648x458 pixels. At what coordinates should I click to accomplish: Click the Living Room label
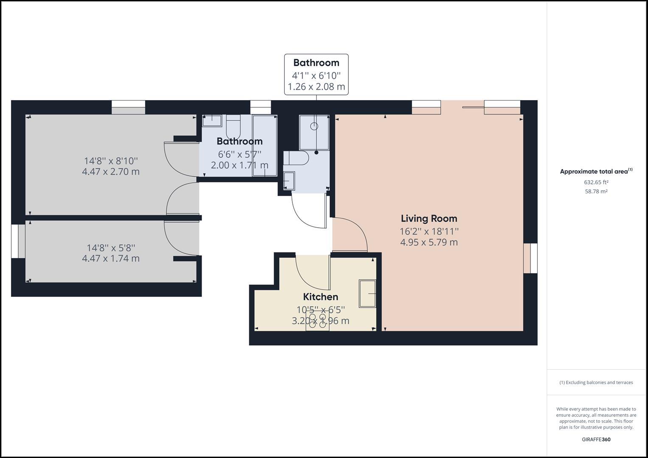click(x=429, y=218)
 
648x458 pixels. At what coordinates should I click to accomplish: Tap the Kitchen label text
click(x=320, y=297)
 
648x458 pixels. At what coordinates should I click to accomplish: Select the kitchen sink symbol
click(x=367, y=293)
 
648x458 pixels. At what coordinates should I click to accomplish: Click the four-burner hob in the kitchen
click(x=317, y=321)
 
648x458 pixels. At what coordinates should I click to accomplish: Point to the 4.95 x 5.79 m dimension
click(x=429, y=243)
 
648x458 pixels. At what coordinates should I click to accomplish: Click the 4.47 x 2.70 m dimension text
click(x=111, y=172)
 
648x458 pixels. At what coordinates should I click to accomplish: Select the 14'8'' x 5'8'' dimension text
click(x=111, y=248)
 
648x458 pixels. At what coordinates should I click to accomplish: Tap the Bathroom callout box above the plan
click(x=316, y=74)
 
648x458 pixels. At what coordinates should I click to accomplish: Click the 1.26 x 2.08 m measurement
click(x=316, y=87)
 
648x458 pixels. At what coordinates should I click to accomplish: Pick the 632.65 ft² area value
click(x=596, y=182)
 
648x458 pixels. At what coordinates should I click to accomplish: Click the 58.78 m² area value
click(x=596, y=192)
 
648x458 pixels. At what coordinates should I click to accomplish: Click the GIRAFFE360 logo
click(x=596, y=439)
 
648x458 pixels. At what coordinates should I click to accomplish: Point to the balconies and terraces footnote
click(x=596, y=383)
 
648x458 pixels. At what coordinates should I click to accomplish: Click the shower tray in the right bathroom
click(x=314, y=132)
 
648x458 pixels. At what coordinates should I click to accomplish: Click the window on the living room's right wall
click(x=530, y=258)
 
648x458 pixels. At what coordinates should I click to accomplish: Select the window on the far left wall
click(x=18, y=241)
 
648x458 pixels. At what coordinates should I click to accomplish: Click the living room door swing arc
click(x=354, y=231)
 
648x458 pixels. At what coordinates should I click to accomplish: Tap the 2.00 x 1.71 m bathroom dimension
click(x=239, y=165)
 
